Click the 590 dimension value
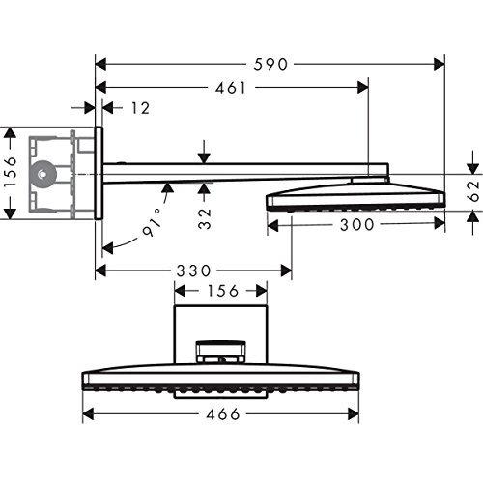pyautogui.click(x=270, y=64)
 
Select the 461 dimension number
pyautogui.click(x=231, y=88)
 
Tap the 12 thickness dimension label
pyautogui.click(x=140, y=108)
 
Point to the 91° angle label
pyautogui.click(x=152, y=222)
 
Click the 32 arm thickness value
pyautogui.click(x=205, y=218)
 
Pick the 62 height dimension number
pyautogui.click(x=474, y=190)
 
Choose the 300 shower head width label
pyautogui.click(x=356, y=224)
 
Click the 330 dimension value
pyautogui.click(x=193, y=270)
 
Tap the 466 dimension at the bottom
pyautogui.click(x=223, y=413)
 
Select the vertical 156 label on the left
pyautogui.click(x=11, y=172)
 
